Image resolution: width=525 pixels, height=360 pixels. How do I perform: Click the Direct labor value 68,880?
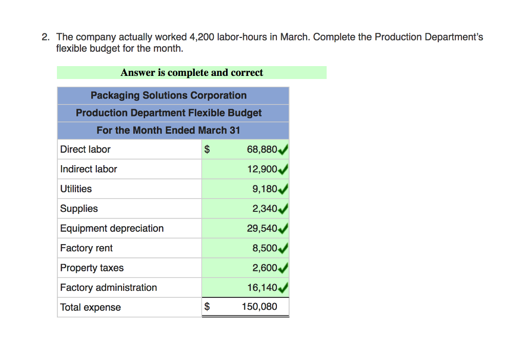coord(261,150)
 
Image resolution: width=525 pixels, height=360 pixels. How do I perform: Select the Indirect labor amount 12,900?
coord(261,169)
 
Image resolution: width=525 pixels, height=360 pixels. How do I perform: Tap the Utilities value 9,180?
coord(265,189)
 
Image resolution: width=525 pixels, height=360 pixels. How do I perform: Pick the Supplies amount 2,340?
coord(265,209)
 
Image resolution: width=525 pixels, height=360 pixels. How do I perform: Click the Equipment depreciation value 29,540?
coord(261,228)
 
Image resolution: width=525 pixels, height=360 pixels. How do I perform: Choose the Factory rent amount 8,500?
coord(265,248)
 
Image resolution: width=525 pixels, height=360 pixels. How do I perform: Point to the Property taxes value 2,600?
coord(265,268)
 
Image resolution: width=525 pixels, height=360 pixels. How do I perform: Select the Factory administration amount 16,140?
coord(261,288)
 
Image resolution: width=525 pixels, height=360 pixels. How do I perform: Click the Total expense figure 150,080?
coord(259,307)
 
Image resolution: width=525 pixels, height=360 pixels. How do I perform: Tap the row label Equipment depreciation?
coord(112,228)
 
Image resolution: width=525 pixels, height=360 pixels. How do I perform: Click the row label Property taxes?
coord(92,268)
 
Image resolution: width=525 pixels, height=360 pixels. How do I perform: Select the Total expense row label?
coord(90,307)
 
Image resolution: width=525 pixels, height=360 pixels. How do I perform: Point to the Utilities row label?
coord(76,189)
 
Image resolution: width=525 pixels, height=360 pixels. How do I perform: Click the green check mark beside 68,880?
coord(282,150)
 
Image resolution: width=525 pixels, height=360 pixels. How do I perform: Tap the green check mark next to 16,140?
coord(282,288)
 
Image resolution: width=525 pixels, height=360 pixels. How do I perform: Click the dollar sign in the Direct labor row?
coord(207,150)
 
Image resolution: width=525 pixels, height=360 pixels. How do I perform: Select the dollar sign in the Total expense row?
coord(207,307)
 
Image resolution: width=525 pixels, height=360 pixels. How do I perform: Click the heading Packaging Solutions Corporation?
coord(168,95)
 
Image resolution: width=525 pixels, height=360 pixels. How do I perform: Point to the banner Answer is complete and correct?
coord(192,73)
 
